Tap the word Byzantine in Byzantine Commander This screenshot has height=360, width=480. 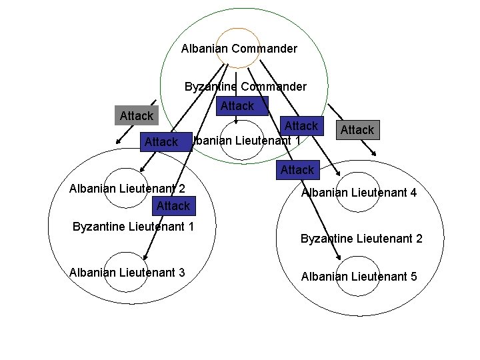pyautogui.click(x=211, y=87)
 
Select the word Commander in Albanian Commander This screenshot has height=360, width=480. pyautogui.click(x=265, y=49)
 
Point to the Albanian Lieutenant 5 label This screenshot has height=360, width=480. pyautogui.click(x=359, y=276)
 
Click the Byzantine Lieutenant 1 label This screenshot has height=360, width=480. pyautogui.click(x=133, y=226)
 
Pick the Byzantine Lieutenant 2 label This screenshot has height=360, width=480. pyautogui.click(x=361, y=238)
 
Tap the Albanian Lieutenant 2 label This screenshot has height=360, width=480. pyautogui.click(x=127, y=189)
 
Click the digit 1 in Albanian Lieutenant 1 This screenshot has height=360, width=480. pyautogui.click(x=297, y=141)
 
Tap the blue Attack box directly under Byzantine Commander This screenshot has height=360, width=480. pyautogui.click(x=237, y=106)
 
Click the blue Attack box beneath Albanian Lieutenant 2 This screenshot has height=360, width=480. pyautogui.click(x=173, y=206)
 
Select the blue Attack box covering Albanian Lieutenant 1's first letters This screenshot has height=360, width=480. pyautogui.click(x=162, y=142)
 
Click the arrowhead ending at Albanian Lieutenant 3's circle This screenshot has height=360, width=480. pyautogui.click(x=145, y=257)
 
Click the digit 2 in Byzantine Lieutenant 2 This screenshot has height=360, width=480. pyautogui.click(x=419, y=238)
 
